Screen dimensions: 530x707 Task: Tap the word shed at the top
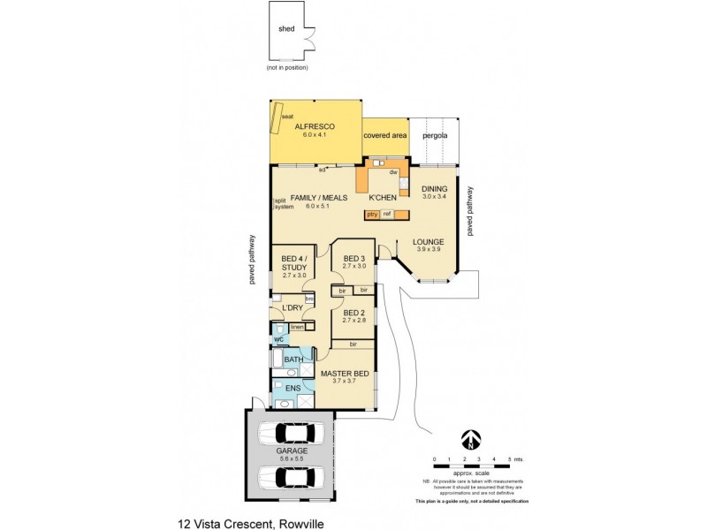click(x=286, y=28)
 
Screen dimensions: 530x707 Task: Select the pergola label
click(x=434, y=136)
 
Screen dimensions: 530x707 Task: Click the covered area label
click(x=385, y=136)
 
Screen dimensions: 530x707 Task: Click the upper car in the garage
click(x=293, y=433)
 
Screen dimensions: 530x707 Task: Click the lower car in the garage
click(x=293, y=476)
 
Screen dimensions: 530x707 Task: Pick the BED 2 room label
click(x=353, y=313)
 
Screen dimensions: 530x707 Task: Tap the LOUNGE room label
click(x=429, y=241)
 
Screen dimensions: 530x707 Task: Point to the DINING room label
click(x=434, y=189)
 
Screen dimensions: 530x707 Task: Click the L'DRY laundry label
click(x=293, y=307)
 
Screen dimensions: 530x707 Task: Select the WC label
click(x=278, y=338)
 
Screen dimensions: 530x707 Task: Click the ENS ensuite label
click(x=293, y=388)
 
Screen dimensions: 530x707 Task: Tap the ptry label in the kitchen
click(x=372, y=215)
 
